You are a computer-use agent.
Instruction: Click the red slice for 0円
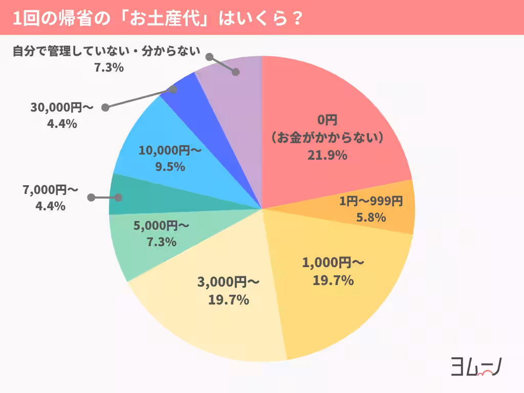click(x=327, y=113)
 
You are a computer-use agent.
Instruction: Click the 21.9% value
click(x=327, y=155)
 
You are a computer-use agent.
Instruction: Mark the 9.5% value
click(x=169, y=167)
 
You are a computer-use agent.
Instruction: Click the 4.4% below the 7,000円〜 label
click(x=50, y=206)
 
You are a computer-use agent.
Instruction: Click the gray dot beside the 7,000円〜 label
click(x=92, y=198)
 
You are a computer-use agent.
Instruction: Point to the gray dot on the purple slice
click(x=235, y=72)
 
